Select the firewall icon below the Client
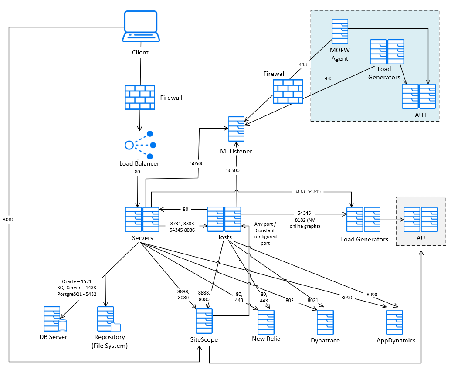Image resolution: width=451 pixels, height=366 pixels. tap(140, 97)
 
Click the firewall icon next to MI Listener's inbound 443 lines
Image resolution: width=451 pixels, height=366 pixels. tap(288, 91)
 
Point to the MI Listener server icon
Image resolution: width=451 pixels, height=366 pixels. tap(236, 129)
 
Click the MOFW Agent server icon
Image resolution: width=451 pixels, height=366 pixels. tap(339, 31)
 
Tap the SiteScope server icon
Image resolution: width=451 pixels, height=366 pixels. tap(204, 322)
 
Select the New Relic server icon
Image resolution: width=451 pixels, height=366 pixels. tap(266, 322)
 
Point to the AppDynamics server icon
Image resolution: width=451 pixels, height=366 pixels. tap(394, 322)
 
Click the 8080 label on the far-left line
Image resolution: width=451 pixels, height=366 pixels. tap(8, 220)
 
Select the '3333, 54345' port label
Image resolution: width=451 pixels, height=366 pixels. tap(307, 191)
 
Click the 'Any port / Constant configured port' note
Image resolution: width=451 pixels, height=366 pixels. tap(265, 234)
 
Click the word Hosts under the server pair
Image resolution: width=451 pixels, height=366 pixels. tap(224, 237)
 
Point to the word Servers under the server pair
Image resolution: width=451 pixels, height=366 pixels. tap(142, 238)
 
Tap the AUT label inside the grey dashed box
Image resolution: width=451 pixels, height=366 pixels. tap(422, 238)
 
